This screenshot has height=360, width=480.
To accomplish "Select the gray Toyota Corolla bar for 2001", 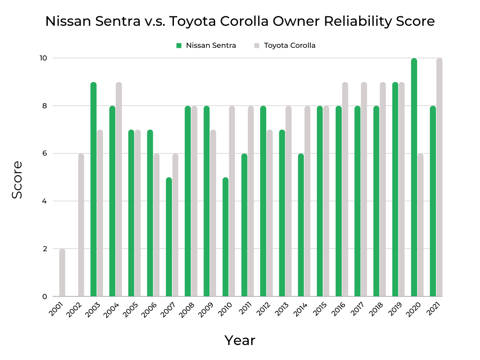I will [x=62, y=273].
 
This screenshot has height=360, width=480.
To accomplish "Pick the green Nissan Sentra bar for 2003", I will [x=93, y=189].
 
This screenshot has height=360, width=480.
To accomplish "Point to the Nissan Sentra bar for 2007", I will [x=169, y=237].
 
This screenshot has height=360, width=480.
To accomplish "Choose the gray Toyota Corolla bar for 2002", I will [x=81, y=225].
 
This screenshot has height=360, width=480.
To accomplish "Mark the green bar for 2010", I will [x=225, y=237].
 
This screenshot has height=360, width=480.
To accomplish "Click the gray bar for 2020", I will [x=420, y=225].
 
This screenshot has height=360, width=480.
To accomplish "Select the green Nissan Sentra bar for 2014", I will [x=301, y=225].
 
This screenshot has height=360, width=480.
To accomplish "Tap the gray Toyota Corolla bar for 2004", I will [x=119, y=189].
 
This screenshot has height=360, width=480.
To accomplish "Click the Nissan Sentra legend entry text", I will [x=210, y=45].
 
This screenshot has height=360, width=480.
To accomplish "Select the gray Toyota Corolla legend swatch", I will [x=256, y=45].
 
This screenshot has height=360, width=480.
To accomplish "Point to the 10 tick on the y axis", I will [x=43, y=58].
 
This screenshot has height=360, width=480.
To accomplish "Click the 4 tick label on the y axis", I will [x=44, y=201].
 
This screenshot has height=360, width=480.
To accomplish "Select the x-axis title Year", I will [x=240, y=340].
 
